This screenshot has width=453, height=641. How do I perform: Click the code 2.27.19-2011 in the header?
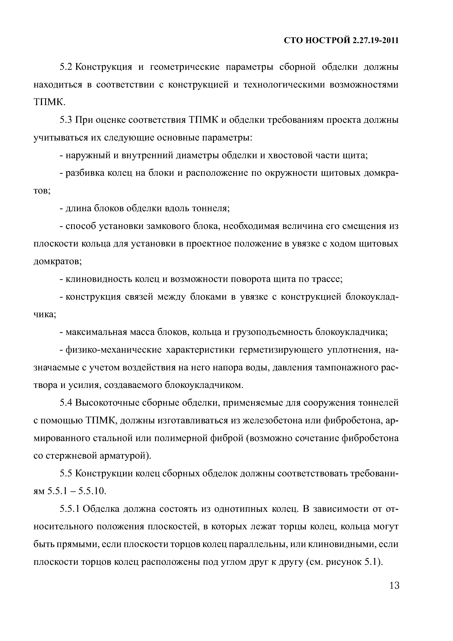coord(375,41)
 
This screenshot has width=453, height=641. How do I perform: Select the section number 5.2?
coord(66,67)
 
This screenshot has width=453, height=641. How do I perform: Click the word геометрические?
coord(185,67)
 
